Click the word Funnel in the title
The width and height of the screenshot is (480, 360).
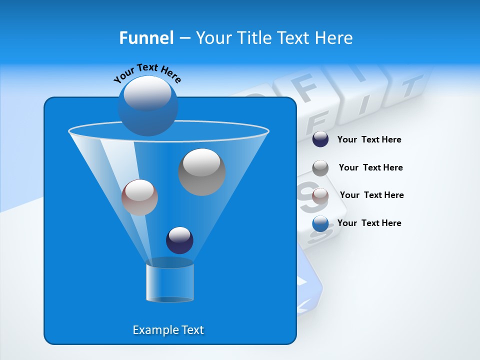coord(146,38)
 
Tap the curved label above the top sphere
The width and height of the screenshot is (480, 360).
coord(147,73)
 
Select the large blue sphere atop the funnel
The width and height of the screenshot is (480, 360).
coord(147,105)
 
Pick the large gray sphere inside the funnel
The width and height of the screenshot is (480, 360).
coord(201,172)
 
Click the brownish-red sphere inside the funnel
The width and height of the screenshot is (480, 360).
coord(139,197)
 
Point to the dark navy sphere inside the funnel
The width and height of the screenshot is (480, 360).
coord(179,240)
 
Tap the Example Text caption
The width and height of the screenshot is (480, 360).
coord(168,330)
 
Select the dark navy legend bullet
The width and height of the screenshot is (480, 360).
coord(320,139)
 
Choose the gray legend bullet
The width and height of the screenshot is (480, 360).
coord(320,168)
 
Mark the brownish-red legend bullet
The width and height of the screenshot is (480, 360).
coord(320,195)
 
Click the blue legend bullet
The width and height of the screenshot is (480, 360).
coord(320,223)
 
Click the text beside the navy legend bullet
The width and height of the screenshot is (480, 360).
coord(369,140)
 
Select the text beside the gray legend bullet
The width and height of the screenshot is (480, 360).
coord(370,168)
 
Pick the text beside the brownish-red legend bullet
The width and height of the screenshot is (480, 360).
coord(371,195)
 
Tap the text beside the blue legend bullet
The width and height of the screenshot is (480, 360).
coord(369,223)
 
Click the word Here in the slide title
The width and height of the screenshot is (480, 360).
coord(334,38)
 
